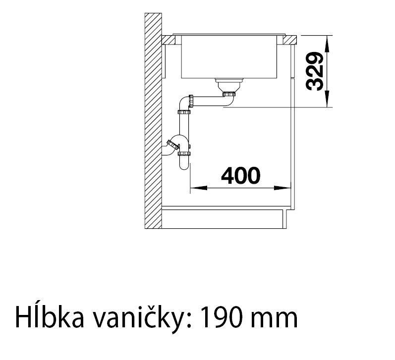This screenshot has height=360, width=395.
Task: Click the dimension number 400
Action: (x=240, y=175)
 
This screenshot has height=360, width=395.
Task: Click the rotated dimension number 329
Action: (x=314, y=71)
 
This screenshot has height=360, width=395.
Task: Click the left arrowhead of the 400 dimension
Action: (x=199, y=188)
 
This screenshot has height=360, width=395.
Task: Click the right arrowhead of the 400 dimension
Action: (x=282, y=188)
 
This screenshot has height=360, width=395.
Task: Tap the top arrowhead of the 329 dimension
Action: (x=327, y=44)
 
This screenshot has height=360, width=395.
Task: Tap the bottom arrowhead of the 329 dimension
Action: (x=327, y=99)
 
